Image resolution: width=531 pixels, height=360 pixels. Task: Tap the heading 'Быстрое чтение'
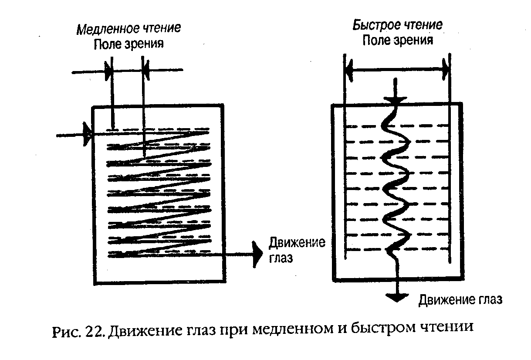[397, 25]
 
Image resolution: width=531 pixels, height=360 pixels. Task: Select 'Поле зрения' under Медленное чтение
[129, 44]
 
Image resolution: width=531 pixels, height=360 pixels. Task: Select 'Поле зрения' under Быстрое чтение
[398, 41]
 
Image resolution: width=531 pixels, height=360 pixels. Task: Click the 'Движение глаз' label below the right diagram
[460, 300]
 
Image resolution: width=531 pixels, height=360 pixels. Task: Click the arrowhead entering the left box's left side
[87, 135]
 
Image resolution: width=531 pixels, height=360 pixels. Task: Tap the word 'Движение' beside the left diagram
[297, 243]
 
